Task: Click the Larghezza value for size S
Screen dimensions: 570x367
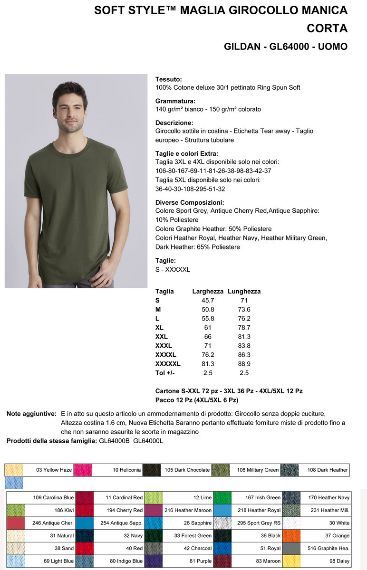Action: click(x=208, y=300)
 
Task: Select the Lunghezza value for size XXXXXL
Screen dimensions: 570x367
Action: click(x=244, y=363)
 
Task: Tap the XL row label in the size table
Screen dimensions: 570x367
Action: click(x=159, y=327)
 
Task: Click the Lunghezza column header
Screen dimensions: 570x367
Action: click(x=244, y=291)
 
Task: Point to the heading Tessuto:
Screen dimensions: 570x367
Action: click(x=169, y=79)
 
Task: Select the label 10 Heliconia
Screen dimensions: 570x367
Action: click(x=126, y=470)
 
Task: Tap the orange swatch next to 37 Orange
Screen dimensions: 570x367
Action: click(x=291, y=535)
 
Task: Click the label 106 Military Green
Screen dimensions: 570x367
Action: click(x=257, y=470)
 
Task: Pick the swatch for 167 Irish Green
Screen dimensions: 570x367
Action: click(x=222, y=497)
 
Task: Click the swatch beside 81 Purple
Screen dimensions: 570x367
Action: click(x=154, y=561)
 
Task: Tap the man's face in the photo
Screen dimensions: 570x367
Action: click(x=70, y=108)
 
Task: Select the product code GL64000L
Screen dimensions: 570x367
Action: click(x=148, y=441)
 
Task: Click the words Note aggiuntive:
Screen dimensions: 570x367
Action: click(x=31, y=414)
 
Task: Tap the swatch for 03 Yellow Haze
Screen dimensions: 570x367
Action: click(x=14, y=470)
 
